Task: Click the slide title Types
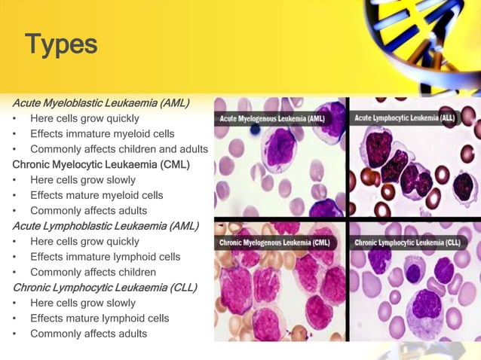click(x=61, y=44)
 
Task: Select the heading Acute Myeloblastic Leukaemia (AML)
click(x=100, y=102)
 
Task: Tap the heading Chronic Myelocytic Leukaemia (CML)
click(x=100, y=164)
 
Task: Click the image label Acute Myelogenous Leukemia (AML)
click(x=272, y=119)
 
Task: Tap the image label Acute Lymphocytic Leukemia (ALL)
click(x=407, y=118)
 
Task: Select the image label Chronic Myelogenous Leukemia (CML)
click(x=274, y=243)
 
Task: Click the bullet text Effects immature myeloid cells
click(x=102, y=134)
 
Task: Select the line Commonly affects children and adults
click(x=118, y=149)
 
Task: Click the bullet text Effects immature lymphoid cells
click(x=105, y=256)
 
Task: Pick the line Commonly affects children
click(x=93, y=272)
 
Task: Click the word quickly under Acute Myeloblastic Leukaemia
click(x=122, y=118)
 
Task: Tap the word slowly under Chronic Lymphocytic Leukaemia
click(x=120, y=303)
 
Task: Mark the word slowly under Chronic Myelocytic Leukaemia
click(x=120, y=180)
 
